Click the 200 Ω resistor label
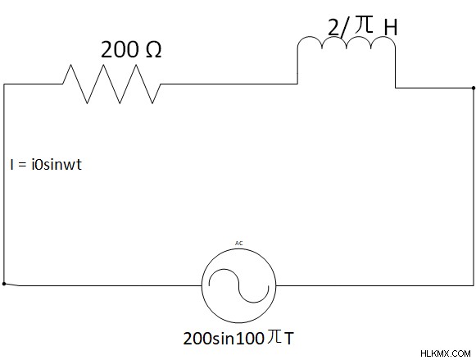pyautogui.click(x=131, y=49)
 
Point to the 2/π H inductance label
pyautogui.click(x=363, y=26)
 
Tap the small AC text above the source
pyautogui.click(x=239, y=244)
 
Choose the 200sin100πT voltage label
pyautogui.click(x=238, y=338)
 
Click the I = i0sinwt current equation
pyautogui.click(x=46, y=165)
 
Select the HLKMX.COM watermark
pyautogui.click(x=446, y=353)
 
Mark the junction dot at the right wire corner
pyautogui.click(x=474, y=88)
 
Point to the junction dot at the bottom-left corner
pyautogui.click(x=4, y=284)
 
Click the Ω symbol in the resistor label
pyautogui.click(x=153, y=50)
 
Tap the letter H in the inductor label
pyautogui.click(x=391, y=28)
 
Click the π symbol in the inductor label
pyautogui.click(x=364, y=25)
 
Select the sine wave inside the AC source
pyautogui.click(x=239, y=286)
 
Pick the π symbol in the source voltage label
pyautogui.click(x=274, y=337)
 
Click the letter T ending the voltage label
pyautogui.click(x=289, y=339)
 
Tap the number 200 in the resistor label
pyautogui.click(x=120, y=49)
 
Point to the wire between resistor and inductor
pyautogui.click(x=229, y=84)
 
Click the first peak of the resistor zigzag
pyautogui.click(x=70, y=65)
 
